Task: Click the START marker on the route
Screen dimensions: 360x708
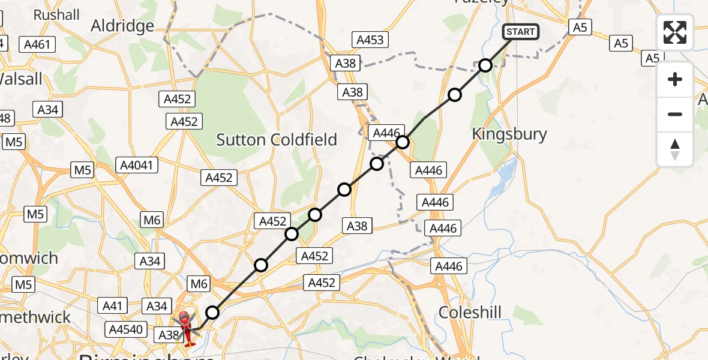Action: (520, 32)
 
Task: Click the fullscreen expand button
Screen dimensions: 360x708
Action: (675, 32)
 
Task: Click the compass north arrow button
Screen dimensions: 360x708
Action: (675, 149)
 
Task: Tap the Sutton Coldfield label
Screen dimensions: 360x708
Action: (277, 140)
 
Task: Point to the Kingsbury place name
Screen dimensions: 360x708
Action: (509, 134)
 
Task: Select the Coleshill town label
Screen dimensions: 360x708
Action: (470, 312)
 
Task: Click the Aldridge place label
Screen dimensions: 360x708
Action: (122, 25)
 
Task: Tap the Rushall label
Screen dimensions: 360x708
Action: (56, 14)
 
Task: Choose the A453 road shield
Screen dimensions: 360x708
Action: (370, 40)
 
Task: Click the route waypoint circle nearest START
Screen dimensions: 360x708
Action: (485, 65)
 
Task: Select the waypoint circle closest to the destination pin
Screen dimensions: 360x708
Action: (212, 312)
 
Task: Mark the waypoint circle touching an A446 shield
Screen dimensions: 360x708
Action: (403, 142)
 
